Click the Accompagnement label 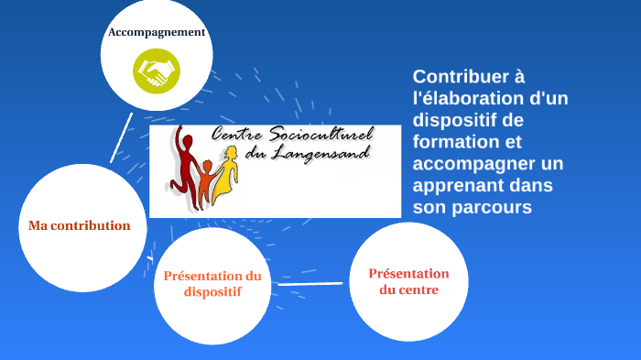click(x=157, y=33)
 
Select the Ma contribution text click(x=80, y=225)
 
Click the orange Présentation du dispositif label click(x=212, y=284)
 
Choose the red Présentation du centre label click(x=408, y=281)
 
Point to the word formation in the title click(x=455, y=142)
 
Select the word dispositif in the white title click(x=455, y=120)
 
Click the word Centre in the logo click(x=234, y=136)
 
